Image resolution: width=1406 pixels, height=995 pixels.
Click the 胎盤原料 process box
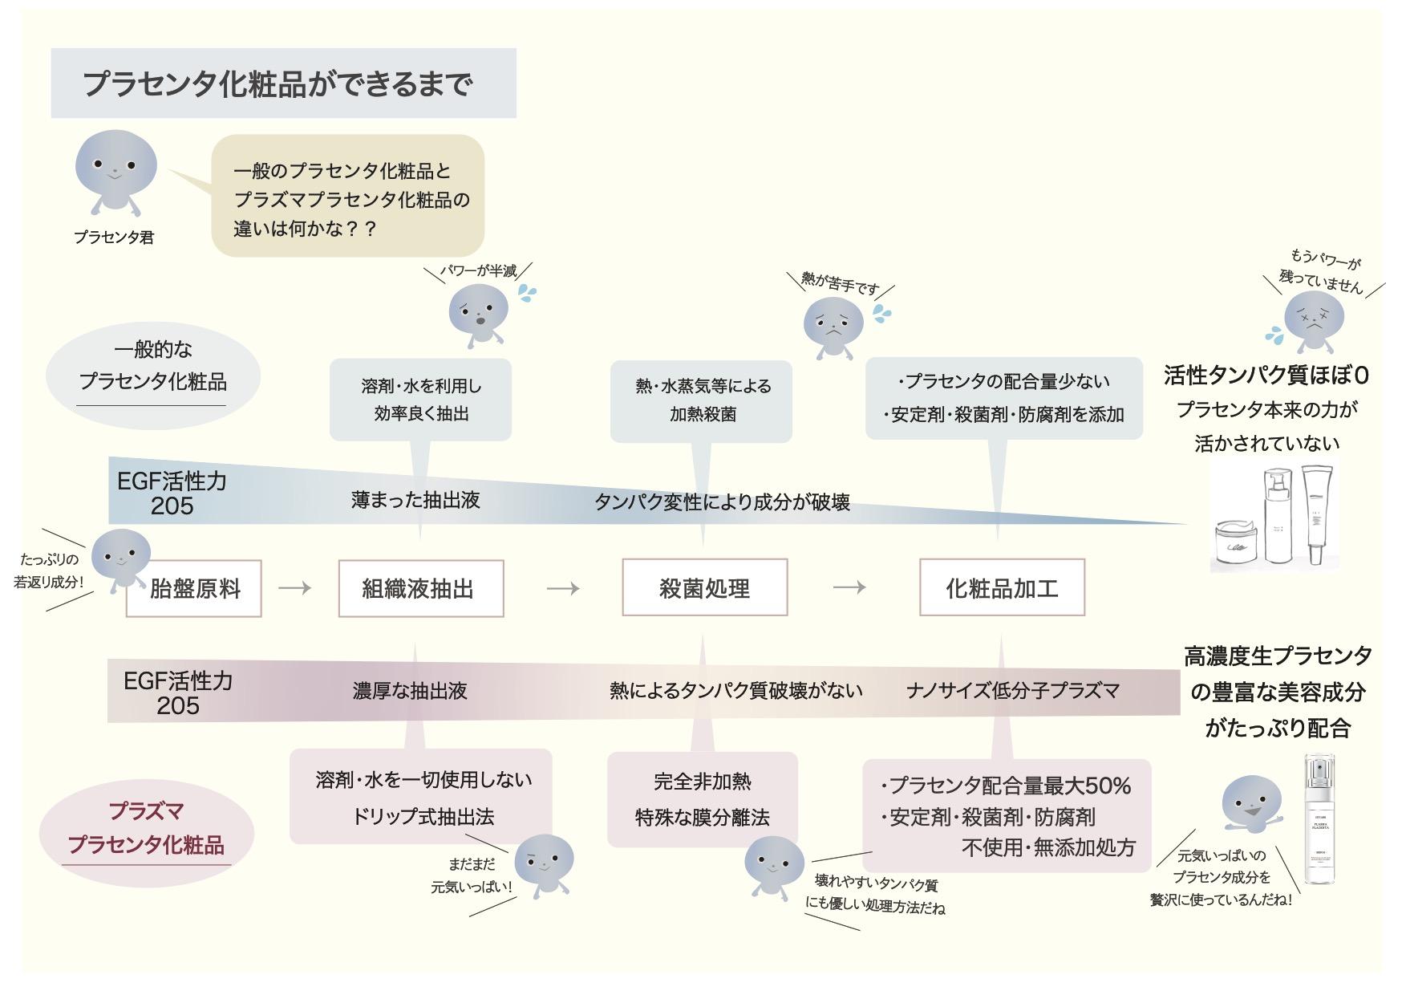click(x=195, y=589)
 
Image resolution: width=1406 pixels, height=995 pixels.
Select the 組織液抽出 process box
click(x=420, y=589)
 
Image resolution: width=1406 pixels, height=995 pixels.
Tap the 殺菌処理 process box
click(x=704, y=588)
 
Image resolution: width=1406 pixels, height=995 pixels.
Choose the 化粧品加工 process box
click(x=1002, y=588)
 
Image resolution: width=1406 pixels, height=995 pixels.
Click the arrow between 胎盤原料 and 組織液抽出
click(x=294, y=588)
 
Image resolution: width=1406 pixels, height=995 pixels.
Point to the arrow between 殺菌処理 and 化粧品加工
click(x=849, y=587)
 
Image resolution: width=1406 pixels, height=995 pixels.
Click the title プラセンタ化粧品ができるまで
click(x=278, y=83)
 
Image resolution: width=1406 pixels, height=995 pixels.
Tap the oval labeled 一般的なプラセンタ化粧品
click(x=152, y=365)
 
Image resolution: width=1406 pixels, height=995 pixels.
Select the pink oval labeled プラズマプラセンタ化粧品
click(x=146, y=827)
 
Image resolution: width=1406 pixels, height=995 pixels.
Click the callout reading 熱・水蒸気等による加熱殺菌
click(x=702, y=400)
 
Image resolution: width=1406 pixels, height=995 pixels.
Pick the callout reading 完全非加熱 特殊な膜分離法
click(x=702, y=799)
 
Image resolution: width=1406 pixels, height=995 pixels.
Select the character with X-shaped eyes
click(x=1314, y=319)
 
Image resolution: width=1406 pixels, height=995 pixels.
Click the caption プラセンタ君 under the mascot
click(x=114, y=238)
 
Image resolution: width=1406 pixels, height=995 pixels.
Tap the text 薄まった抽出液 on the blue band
click(x=415, y=500)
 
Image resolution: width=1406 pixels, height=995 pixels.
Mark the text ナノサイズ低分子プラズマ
click(x=1012, y=690)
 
